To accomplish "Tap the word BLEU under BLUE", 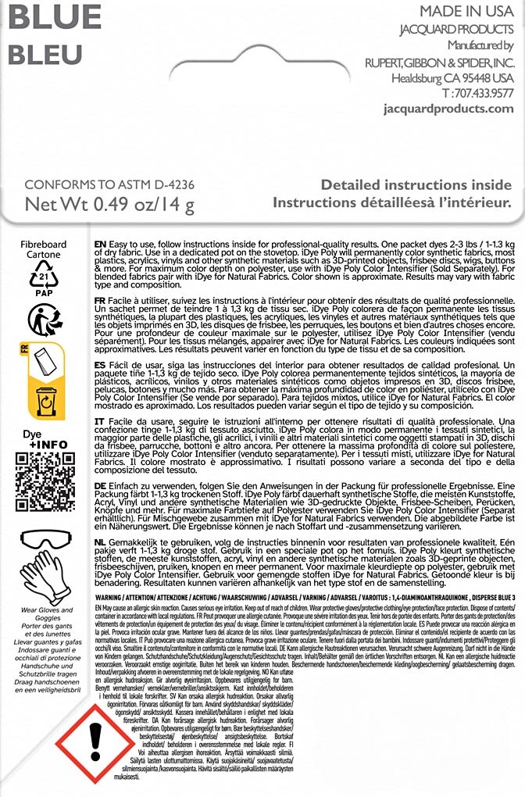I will [x=45, y=54].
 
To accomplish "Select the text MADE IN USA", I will [x=466, y=12].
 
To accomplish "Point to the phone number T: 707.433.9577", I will [x=477, y=93].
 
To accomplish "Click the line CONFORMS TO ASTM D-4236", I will [x=109, y=185].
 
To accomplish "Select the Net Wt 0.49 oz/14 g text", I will [x=109, y=205].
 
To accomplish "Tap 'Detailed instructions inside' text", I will [x=416, y=186].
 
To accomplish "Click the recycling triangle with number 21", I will [x=44, y=275].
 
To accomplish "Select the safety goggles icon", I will [x=44, y=538].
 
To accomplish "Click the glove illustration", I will [x=44, y=578].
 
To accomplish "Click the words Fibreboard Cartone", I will [x=44, y=249].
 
